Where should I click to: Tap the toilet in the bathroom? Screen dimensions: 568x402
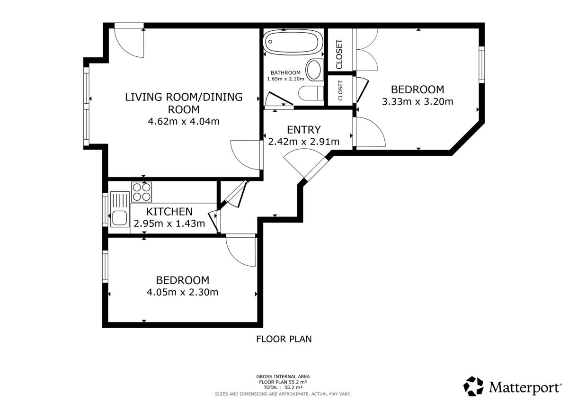pyautogui.click(x=311, y=93)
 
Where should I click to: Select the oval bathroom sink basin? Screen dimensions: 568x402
pyautogui.click(x=314, y=70)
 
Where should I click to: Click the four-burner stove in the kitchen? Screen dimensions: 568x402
pyautogui.click(x=142, y=192)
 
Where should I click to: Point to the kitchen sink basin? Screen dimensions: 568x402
pyautogui.click(x=119, y=218)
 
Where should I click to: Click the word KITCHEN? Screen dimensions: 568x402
pyautogui.click(x=169, y=212)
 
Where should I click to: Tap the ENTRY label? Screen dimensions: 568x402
pyautogui.click(x=304, y=130)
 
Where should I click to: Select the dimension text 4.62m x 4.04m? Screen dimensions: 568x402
pyautogui.click(x=184, y=122)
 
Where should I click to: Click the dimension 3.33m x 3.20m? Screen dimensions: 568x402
pyautogui.click(x=417, y=102)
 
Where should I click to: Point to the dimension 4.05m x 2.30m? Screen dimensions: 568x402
pyautogui.click(x=183, y=292)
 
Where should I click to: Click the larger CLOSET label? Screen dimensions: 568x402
pyautogui.click(x=339, y=54)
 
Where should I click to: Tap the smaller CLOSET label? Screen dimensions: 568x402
pyautogui.click(x=340, y=90)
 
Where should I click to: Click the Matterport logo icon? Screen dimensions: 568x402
pyautogui.click(x=473, y=386)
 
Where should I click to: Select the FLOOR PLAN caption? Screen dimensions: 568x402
pyautogui.click(x=284, y=339)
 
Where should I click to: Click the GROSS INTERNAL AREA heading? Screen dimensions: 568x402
pyautogui.click(x=283, y=376)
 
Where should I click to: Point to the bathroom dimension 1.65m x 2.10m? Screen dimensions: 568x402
pyautogui.click(x=285, y=79)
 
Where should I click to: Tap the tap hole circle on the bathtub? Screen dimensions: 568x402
pyautogui.click(x=270, y=42)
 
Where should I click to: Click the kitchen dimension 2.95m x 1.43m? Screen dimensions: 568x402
pyautogui.click(x=169, y=223)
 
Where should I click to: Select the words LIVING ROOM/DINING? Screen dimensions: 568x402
pyautogui.click(x=184, y=97)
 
